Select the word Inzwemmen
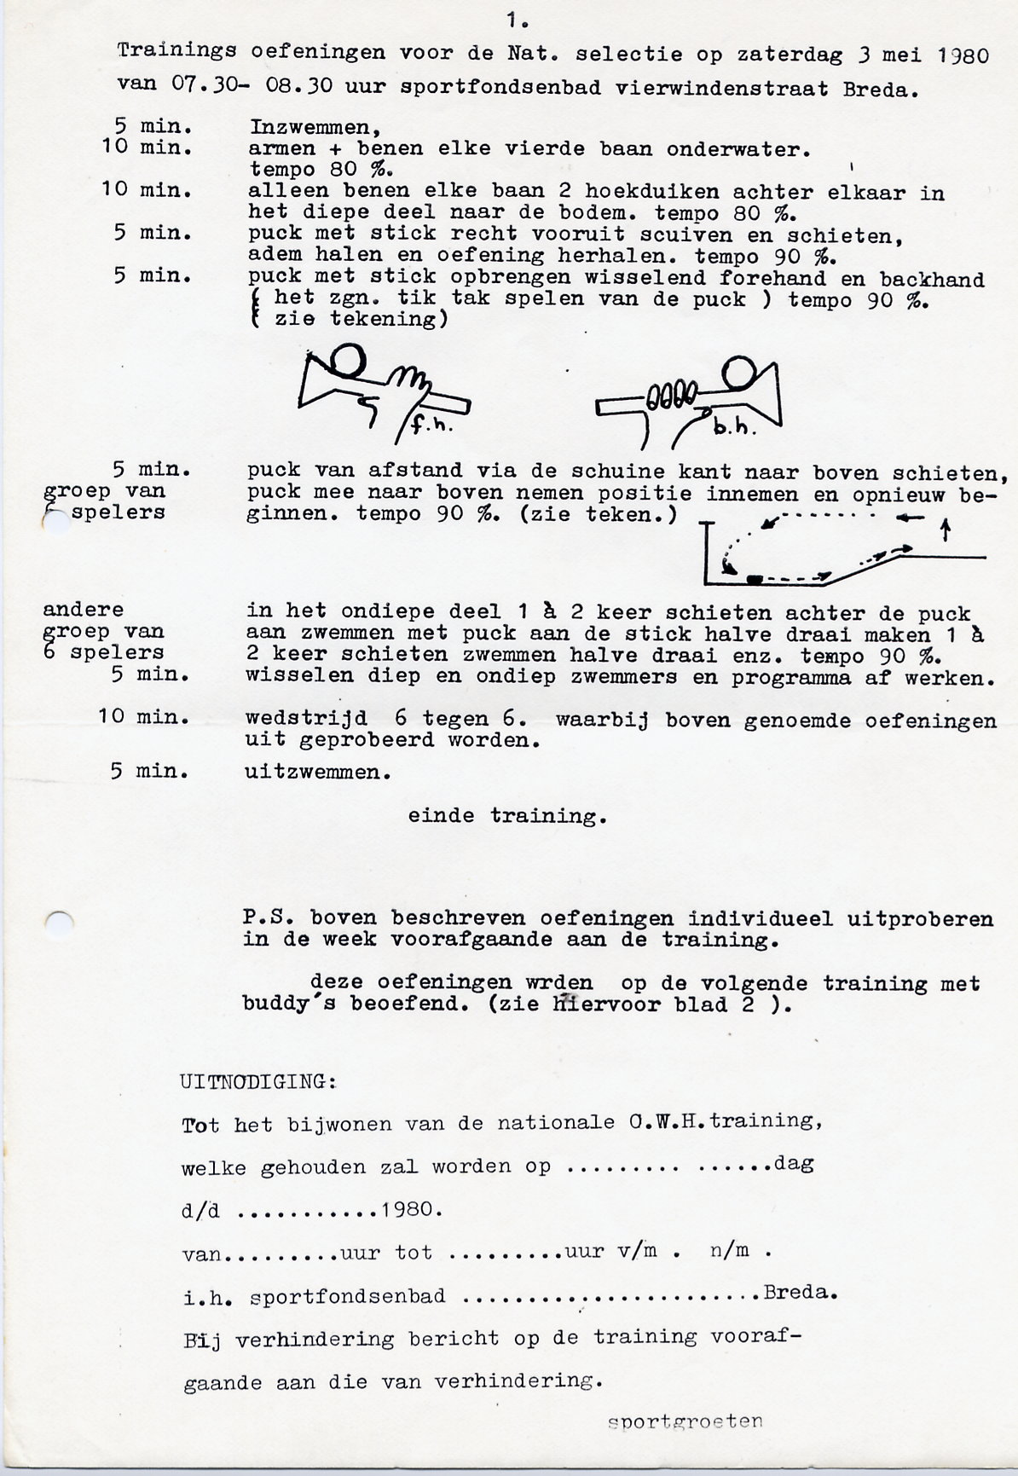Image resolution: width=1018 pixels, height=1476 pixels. point(314,128)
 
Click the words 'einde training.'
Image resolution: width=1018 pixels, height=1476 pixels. point(506,816)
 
